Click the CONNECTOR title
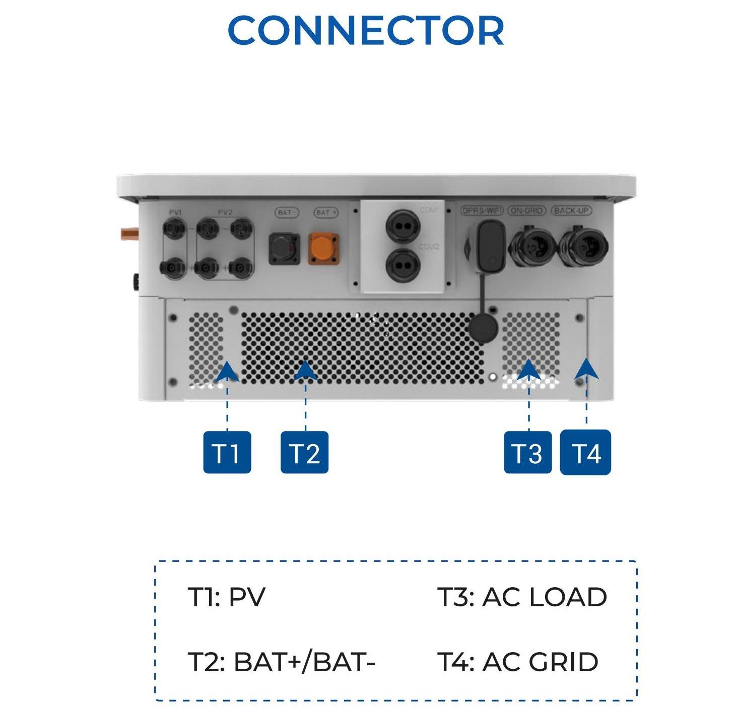[x=366, y=31]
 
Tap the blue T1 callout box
[x=227, y=452]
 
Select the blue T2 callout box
[x=304, y=452]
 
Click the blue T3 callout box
[x=527, y=452]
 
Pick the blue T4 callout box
[x=585, y=452]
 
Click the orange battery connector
[x=323, y=248]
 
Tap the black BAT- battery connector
[x=284, y=248]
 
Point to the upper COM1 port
[x=404, y=225]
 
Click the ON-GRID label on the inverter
[x=526, y=210]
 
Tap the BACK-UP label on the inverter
[x=571, y=210]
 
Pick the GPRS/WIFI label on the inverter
[x=482, y=210]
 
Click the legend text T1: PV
[x=226, y=597]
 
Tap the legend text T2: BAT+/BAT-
[x=281, y=662]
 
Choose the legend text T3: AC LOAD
[x=521, y=597]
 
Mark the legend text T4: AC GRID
[x=517, y=662]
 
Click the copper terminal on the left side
[x=129, y=234]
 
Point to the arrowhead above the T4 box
[x=586, y=369]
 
